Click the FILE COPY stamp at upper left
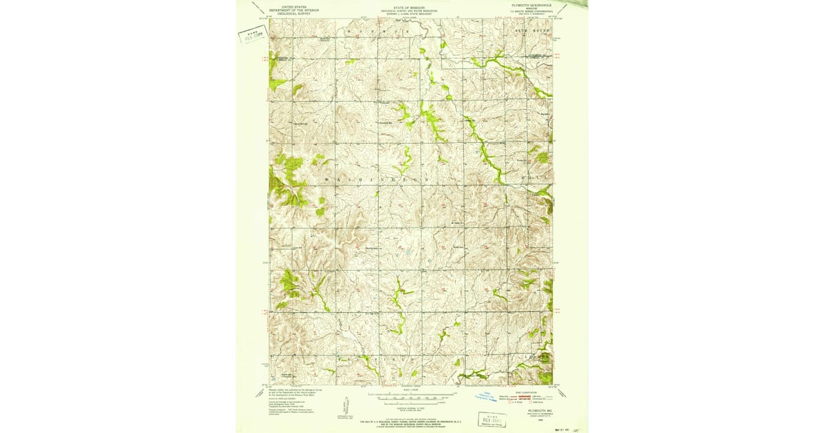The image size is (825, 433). tap(252, 36)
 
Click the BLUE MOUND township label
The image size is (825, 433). tap(529, 32)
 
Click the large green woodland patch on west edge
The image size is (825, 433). tap(287, 180)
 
